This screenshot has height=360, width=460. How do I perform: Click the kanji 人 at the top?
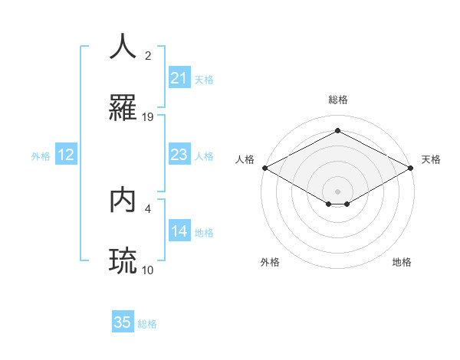(x=123, y=47)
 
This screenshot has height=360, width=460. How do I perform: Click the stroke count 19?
(x=148, y=116)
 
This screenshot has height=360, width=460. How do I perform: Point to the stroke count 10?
(x=148, y=270)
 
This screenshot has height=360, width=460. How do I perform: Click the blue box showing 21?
(x=179, y=78)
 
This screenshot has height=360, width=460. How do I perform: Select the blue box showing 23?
(x=179, y=155)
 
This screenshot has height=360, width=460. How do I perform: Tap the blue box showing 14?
(x=179, y=231)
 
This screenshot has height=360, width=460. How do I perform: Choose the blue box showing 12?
(x=66, y=155)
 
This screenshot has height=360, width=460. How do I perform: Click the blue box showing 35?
(x=123, y=322)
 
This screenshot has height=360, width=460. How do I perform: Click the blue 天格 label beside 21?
(x=204, y=80)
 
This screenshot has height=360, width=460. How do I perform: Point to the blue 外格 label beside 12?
(x=41, y=156)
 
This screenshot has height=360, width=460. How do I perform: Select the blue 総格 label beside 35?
(x=148, y=324)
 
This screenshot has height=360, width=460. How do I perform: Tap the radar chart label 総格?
(x=337, y=100)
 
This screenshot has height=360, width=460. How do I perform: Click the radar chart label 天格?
(x=432, y=159)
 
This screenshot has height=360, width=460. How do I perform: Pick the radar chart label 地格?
(x=402, y=262)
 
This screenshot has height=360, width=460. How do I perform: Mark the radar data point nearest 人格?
(x=264, y=168)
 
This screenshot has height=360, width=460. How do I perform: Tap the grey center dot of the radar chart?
(x=337, y=191)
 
